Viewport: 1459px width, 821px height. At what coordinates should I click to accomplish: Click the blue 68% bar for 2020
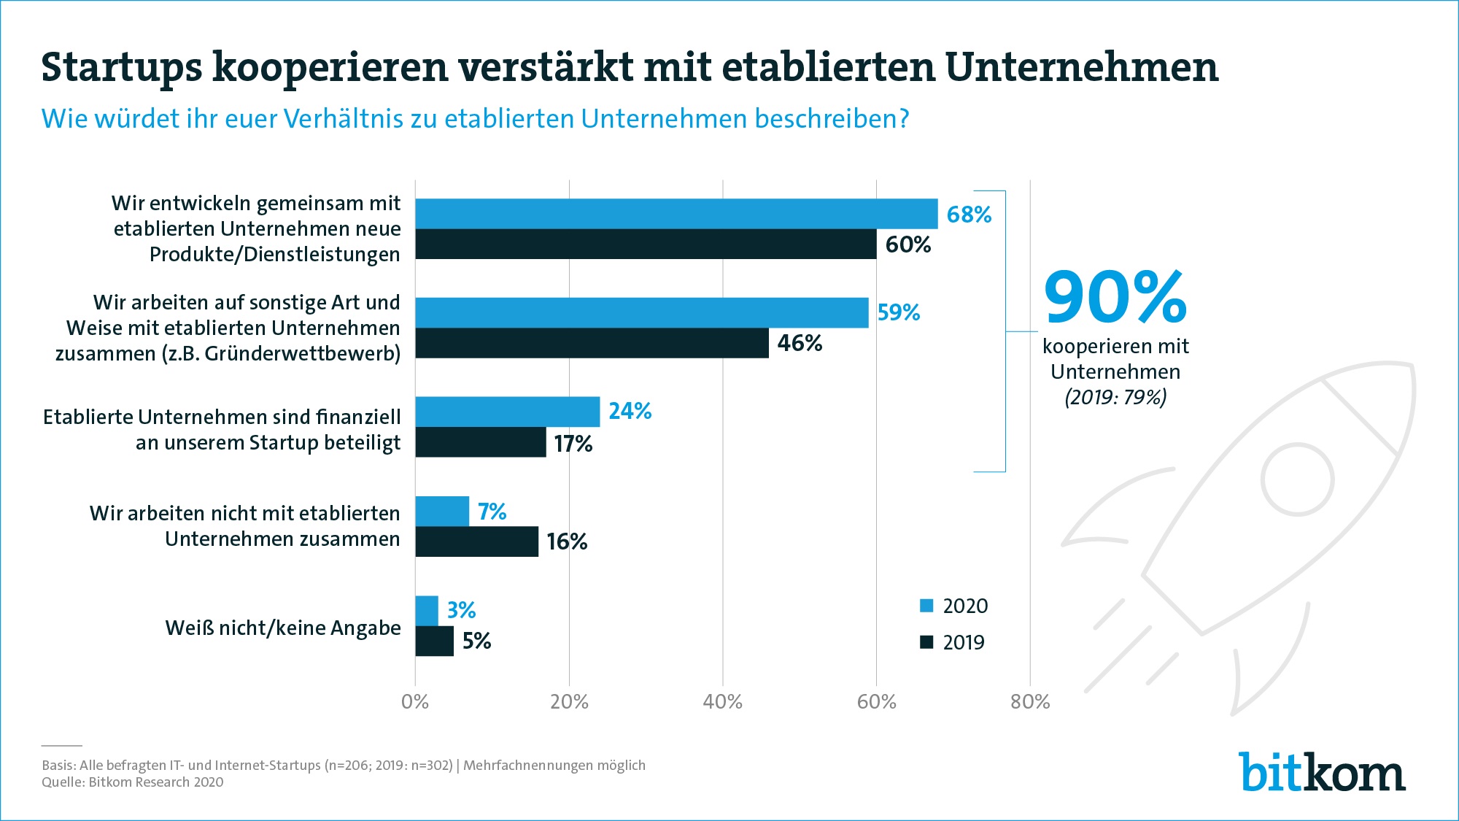coord(676,214)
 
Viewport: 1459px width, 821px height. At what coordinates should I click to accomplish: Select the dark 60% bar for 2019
coord(646,244)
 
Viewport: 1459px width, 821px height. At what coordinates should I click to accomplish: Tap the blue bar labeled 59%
coord(642,312)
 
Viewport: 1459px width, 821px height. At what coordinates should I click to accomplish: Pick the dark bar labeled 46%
coord(592,343)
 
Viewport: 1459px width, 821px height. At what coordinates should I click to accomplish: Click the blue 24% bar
coord(508,412)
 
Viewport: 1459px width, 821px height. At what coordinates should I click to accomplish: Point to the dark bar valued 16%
coord(476,541)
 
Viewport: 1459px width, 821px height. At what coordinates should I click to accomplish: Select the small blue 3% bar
coord(427,611)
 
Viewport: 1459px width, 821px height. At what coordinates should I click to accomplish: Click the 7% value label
coord(492,512)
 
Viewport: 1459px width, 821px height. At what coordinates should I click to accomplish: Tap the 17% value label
coord(573,444)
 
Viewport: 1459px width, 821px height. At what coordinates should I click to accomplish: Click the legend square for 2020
coord(926,606)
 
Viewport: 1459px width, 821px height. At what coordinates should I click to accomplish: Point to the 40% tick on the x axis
coord(722,702)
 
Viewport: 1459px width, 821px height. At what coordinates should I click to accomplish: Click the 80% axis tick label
coord(1030,702)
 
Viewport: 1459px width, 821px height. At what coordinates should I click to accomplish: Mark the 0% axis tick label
coord(415,702)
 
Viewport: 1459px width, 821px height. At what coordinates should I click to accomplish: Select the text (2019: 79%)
coord(1115,397)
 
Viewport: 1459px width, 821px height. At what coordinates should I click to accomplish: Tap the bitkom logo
coord(1322,772)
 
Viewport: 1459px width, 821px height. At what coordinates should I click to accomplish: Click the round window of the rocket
coord(1297,479)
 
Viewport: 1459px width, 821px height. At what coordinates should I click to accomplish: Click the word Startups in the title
coord(121,67)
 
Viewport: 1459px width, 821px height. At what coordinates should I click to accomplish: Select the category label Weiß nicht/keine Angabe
coord(283,628)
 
